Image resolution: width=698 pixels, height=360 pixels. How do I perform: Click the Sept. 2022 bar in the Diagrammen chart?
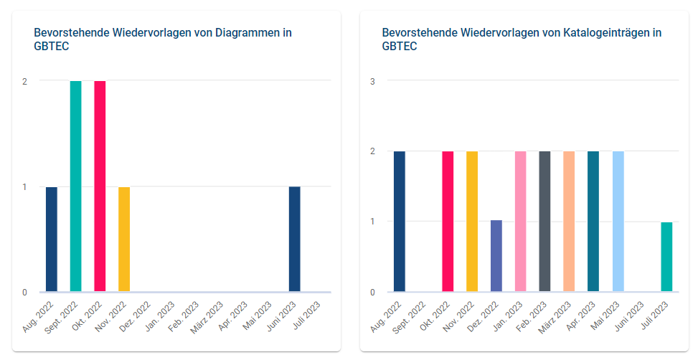pyautogui.click(x=75, y=186)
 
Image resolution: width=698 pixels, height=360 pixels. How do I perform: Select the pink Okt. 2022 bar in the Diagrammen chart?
pyautogui.click(x=100, y=186)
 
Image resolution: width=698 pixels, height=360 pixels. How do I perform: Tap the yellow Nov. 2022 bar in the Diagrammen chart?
pyautogui.click(x=124, y=239)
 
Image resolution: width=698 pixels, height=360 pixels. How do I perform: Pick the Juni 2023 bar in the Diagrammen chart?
pyautogui.click(x=294, y=239)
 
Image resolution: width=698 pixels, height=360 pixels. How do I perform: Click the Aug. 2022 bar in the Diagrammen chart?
pyautogui.click(x=51, y=239)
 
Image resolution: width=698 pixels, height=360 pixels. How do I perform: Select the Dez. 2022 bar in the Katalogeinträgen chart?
pyautogui.click(x=496, y=256)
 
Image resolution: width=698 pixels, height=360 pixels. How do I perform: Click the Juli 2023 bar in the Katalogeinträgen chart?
pyautogui.click(x=666, y=257)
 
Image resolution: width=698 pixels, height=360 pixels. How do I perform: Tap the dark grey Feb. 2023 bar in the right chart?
pyautogui.click(x=544, y=222)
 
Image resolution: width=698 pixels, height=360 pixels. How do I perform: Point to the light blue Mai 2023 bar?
pyautogui.click(x=618, y=222)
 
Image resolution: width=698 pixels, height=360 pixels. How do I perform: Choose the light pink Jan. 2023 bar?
pyautogui.click(x=520, y=222)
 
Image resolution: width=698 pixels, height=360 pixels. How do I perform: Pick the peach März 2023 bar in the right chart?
pyautogui.click(x=569, y=222)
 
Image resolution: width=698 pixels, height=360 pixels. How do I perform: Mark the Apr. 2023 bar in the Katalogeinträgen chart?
pyautogui.click(x=593, y=222)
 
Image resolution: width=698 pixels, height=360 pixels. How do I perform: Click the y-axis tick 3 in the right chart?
pyautogui.click(x=372, y=81)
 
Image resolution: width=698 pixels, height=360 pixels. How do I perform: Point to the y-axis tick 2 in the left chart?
pyautogui.click(x=24, y=81)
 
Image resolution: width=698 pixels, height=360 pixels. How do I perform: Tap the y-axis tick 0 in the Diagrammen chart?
pyautogui.click(x=24, y=292)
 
